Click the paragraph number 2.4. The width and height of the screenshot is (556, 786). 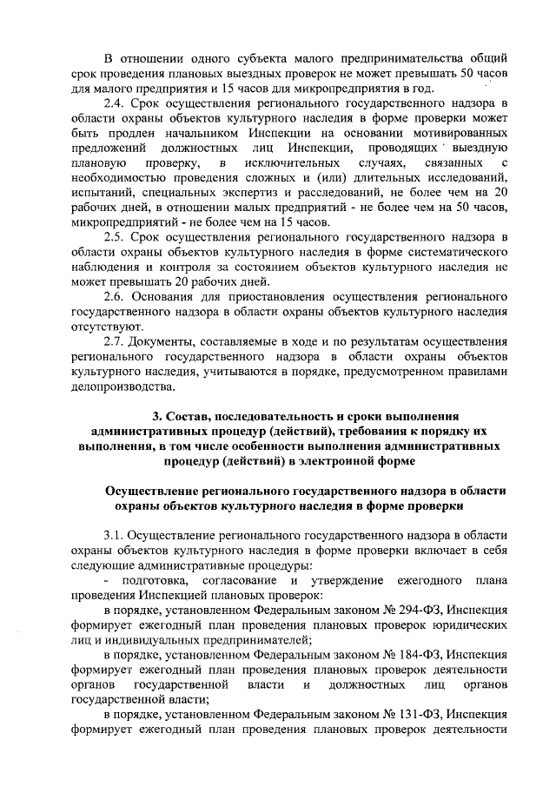[x=114, y=104]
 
